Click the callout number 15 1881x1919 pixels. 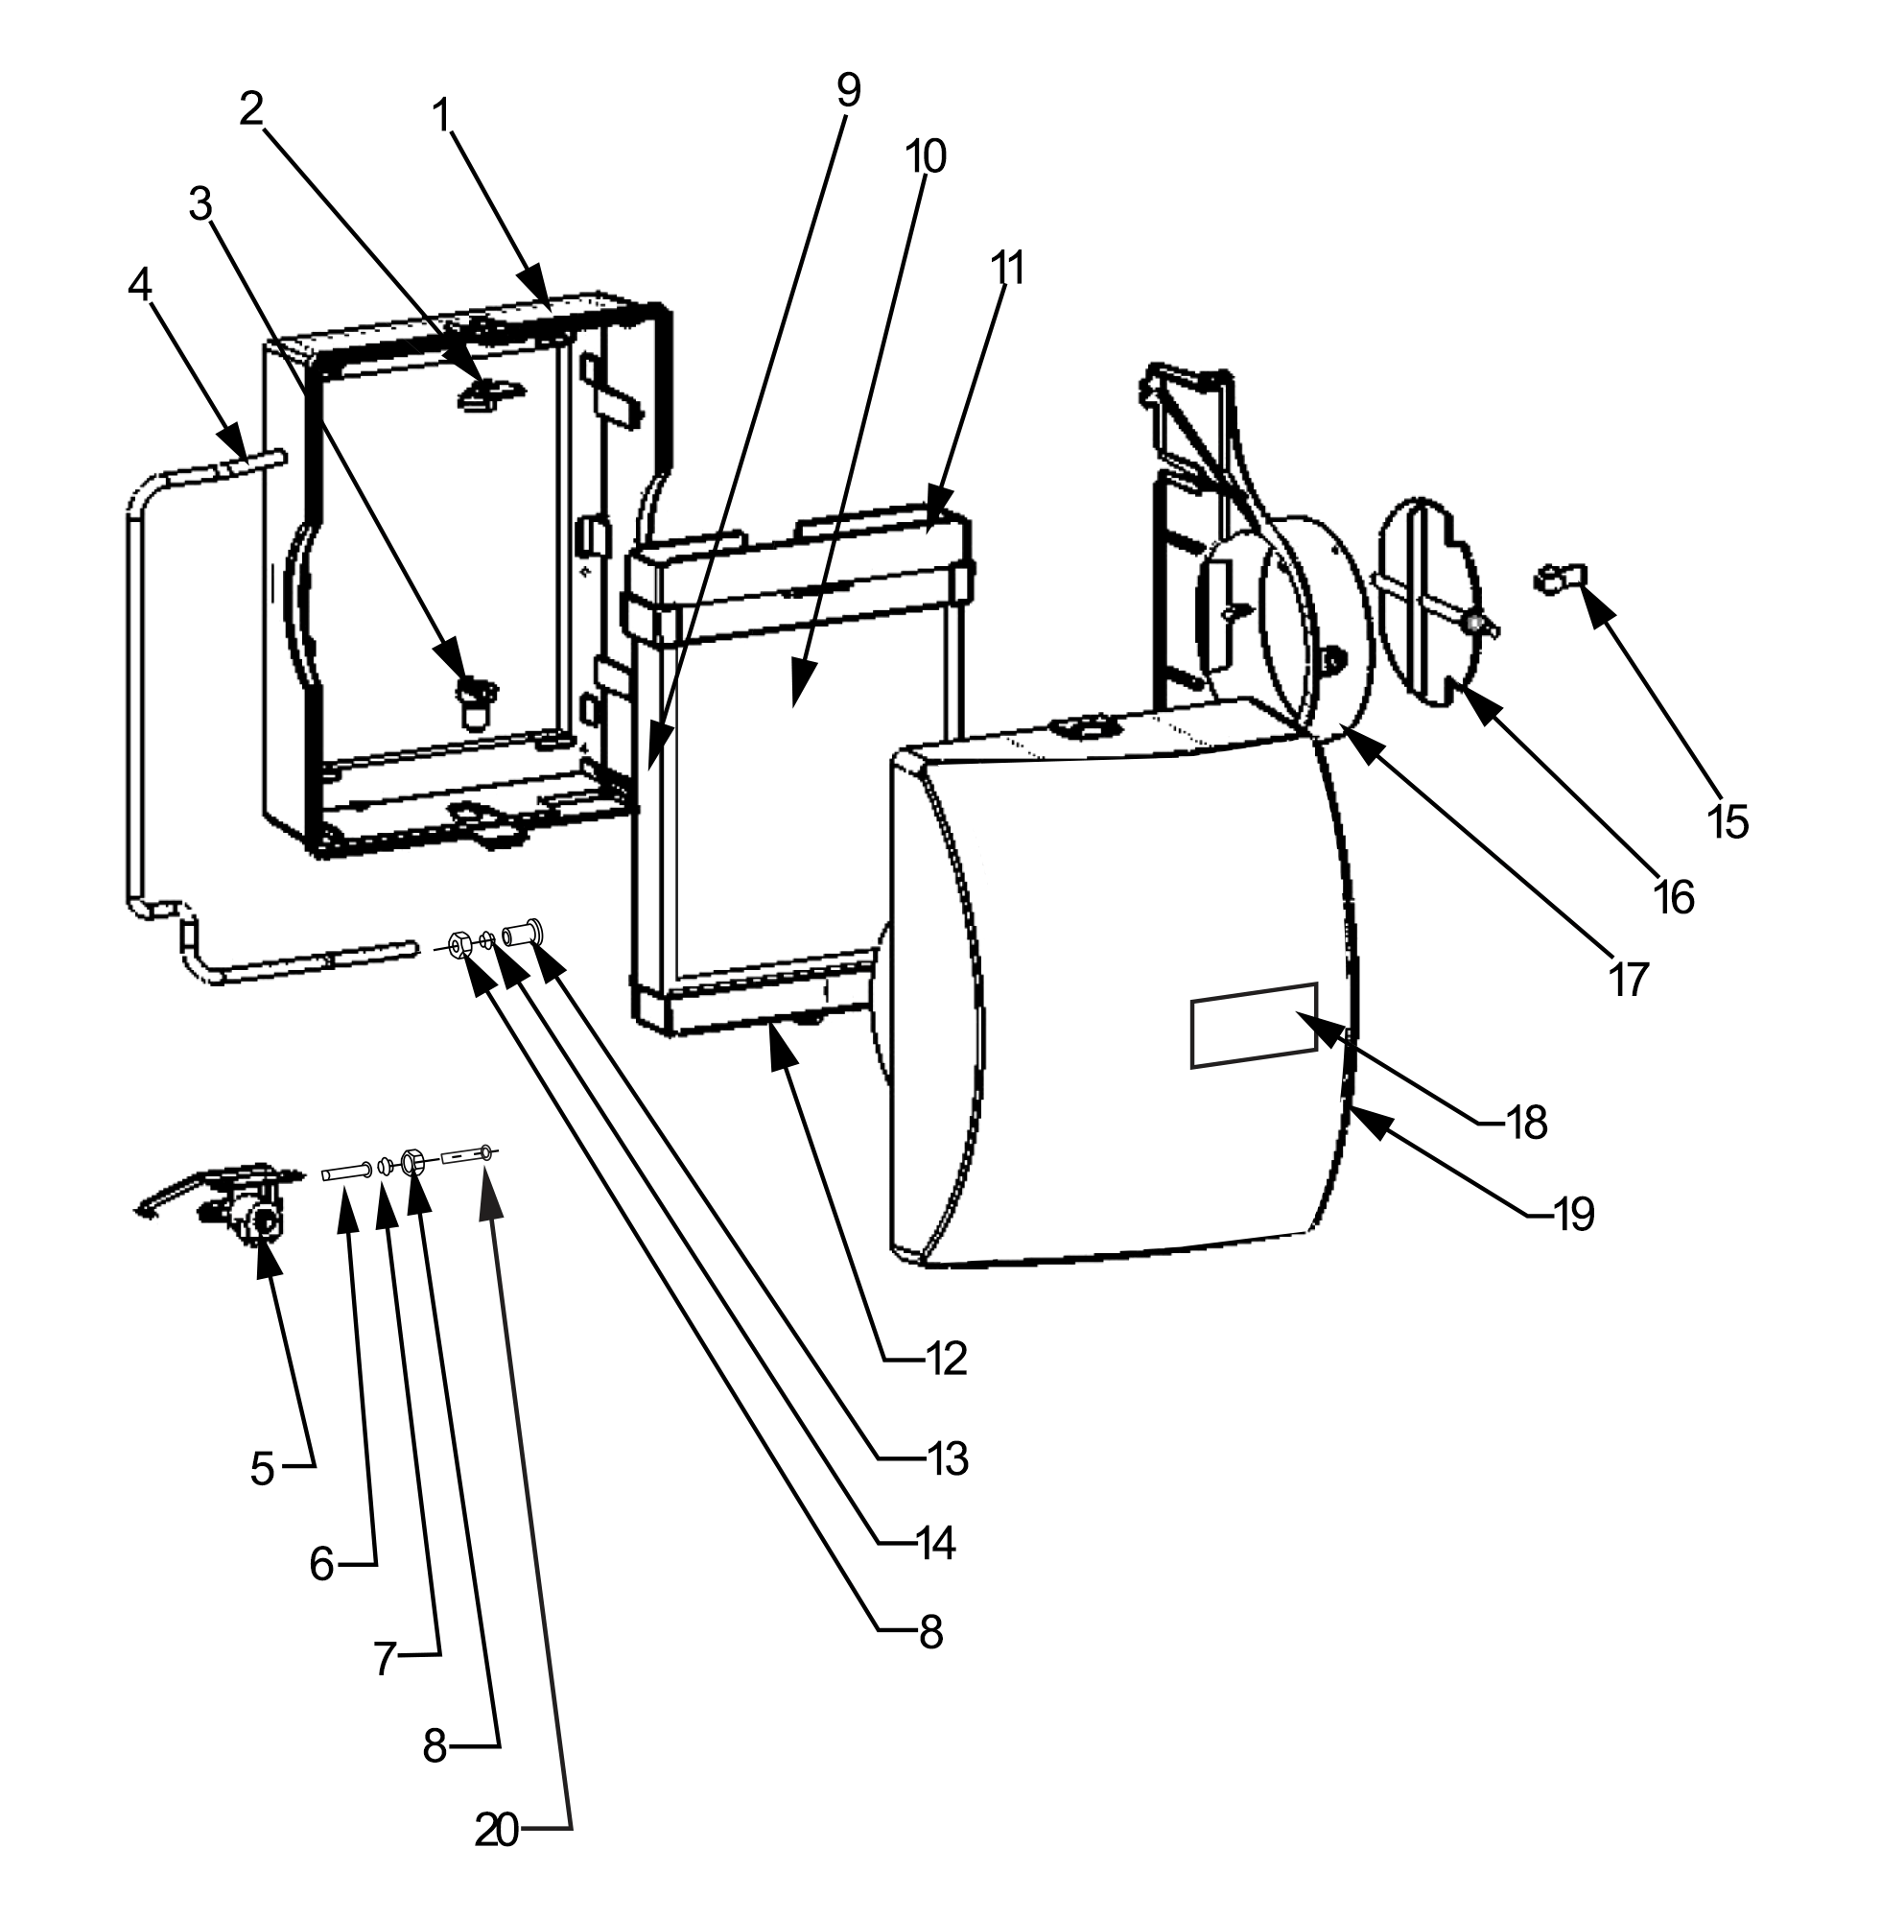(x=1728, y=823)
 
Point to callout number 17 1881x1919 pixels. (x=1628, y=981)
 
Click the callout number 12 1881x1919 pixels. (x=946, y=1360)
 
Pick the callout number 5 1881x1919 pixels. (x=262, y=1469)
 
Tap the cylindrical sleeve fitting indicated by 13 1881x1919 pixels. (x=524, y=932)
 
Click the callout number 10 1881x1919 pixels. (x=927, y=156)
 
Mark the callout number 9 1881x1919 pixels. (x=848, y=91)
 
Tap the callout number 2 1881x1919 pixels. (x=252, y=109)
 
